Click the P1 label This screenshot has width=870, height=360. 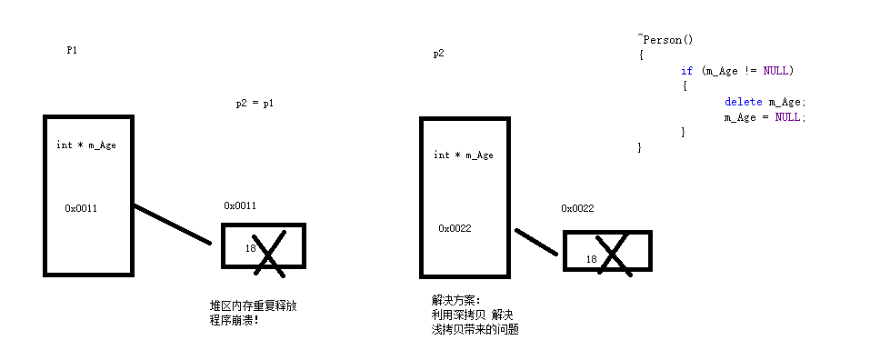click(72, 50)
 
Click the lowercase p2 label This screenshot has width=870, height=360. click(438, 54)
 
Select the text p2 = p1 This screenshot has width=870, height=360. click(255, 104)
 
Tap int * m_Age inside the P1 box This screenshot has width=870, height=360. click(86, 145)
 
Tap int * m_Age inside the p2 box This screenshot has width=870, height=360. click(464, 155)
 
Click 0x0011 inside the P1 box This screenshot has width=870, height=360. click(81, 208)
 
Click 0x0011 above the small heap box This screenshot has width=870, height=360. click(240, 205)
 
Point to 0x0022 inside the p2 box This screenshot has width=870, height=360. click(455, 228)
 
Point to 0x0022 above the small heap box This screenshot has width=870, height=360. click(577, 208)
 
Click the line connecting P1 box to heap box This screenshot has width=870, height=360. click(173, 224)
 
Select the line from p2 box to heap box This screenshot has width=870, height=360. click(535, 241)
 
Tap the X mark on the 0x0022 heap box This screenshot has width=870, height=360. click(614, 255)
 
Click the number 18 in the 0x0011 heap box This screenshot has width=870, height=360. click(251, 247)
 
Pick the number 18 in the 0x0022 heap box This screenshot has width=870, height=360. click(592, 259)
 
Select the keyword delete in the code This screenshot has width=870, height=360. click(743, 102)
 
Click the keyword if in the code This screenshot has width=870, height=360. click(686, 70)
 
